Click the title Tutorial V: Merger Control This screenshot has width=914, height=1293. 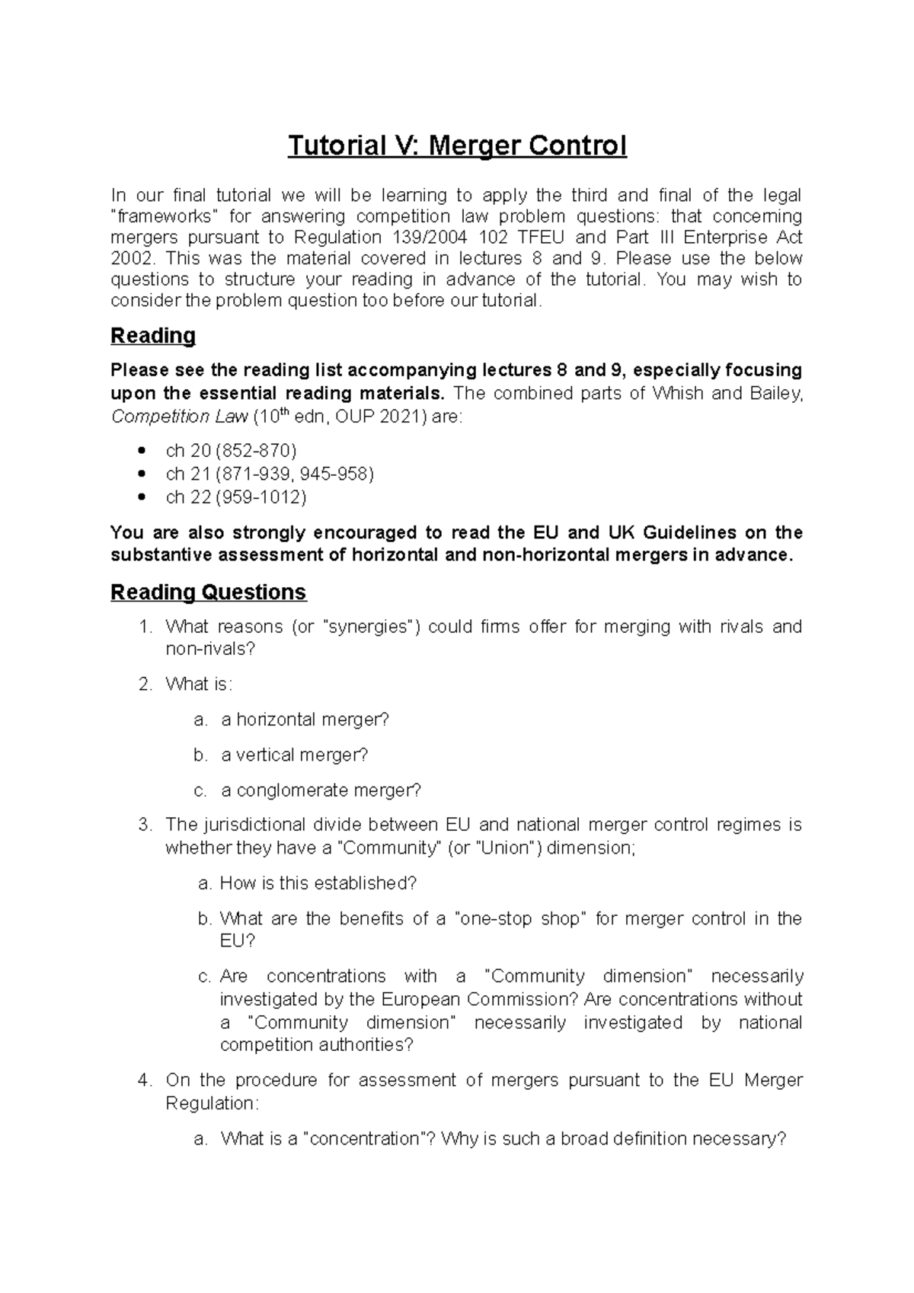(x=457, y=145)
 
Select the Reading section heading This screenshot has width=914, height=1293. (x=153, y=335)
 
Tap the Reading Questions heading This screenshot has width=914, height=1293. (x=208, y=592)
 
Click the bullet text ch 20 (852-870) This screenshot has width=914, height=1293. (x=231, y=451)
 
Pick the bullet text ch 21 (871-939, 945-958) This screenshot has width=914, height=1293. (x=270, y=474)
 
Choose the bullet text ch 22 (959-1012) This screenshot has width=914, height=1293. (x=236, y=497)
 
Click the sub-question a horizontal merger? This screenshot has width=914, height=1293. (x=305, y=720)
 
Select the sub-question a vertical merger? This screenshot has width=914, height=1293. (x=294, y=755)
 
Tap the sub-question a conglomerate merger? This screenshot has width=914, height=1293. (x=321, y=790)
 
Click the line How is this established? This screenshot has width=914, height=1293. (x=318, y=883)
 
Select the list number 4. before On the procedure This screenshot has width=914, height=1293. (x=145, y=1080)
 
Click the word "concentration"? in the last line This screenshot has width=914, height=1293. (x=369, y=1138)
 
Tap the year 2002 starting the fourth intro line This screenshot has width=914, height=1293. (x=126, y=258)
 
